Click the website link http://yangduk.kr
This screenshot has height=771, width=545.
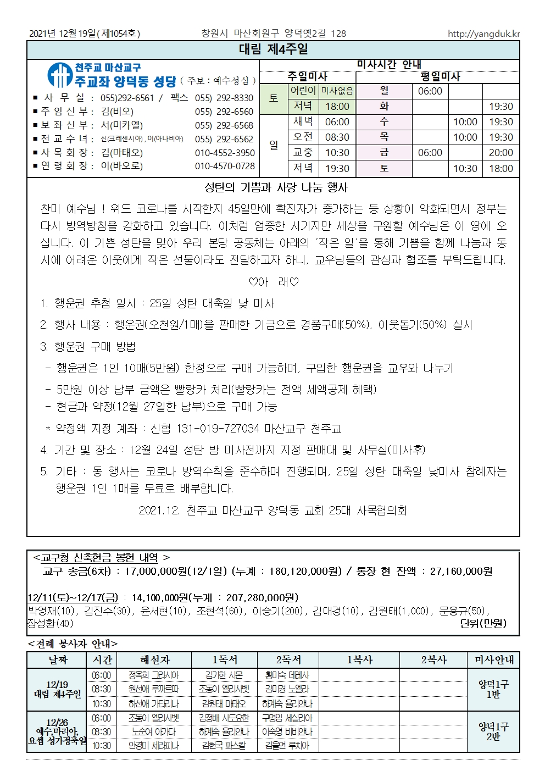(483, 34)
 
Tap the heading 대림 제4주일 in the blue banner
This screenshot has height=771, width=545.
(273, 49)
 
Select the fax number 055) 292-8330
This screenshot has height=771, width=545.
(224, 98)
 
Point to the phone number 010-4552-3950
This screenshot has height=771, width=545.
(225, 152)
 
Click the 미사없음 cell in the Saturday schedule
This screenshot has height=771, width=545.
(337, 91)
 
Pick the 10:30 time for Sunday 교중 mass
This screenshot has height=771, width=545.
(337, 153)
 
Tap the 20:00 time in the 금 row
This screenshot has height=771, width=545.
(500, 153)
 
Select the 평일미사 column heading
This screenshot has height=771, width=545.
(440, 77)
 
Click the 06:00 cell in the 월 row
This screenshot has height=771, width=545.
(430, 91)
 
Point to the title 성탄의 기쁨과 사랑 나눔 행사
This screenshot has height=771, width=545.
(276, 188)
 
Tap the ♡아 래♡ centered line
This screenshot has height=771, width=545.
(274, 282)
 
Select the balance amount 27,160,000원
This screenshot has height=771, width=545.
(461, 572)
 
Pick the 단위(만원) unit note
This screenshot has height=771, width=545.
(483, 623)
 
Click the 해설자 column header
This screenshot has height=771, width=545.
(155, 659)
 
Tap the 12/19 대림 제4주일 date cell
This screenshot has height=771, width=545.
(57, 689)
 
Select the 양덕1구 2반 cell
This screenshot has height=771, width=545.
(493, 731)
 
